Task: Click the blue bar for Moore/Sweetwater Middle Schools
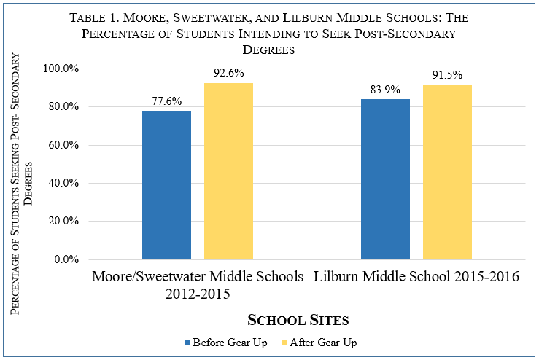[166, 185]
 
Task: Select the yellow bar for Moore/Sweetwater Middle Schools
[228, 171]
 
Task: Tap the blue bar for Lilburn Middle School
[385, 179]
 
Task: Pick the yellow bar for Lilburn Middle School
[447, 172]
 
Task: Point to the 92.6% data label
[228, 74]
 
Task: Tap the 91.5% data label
[447, 76]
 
